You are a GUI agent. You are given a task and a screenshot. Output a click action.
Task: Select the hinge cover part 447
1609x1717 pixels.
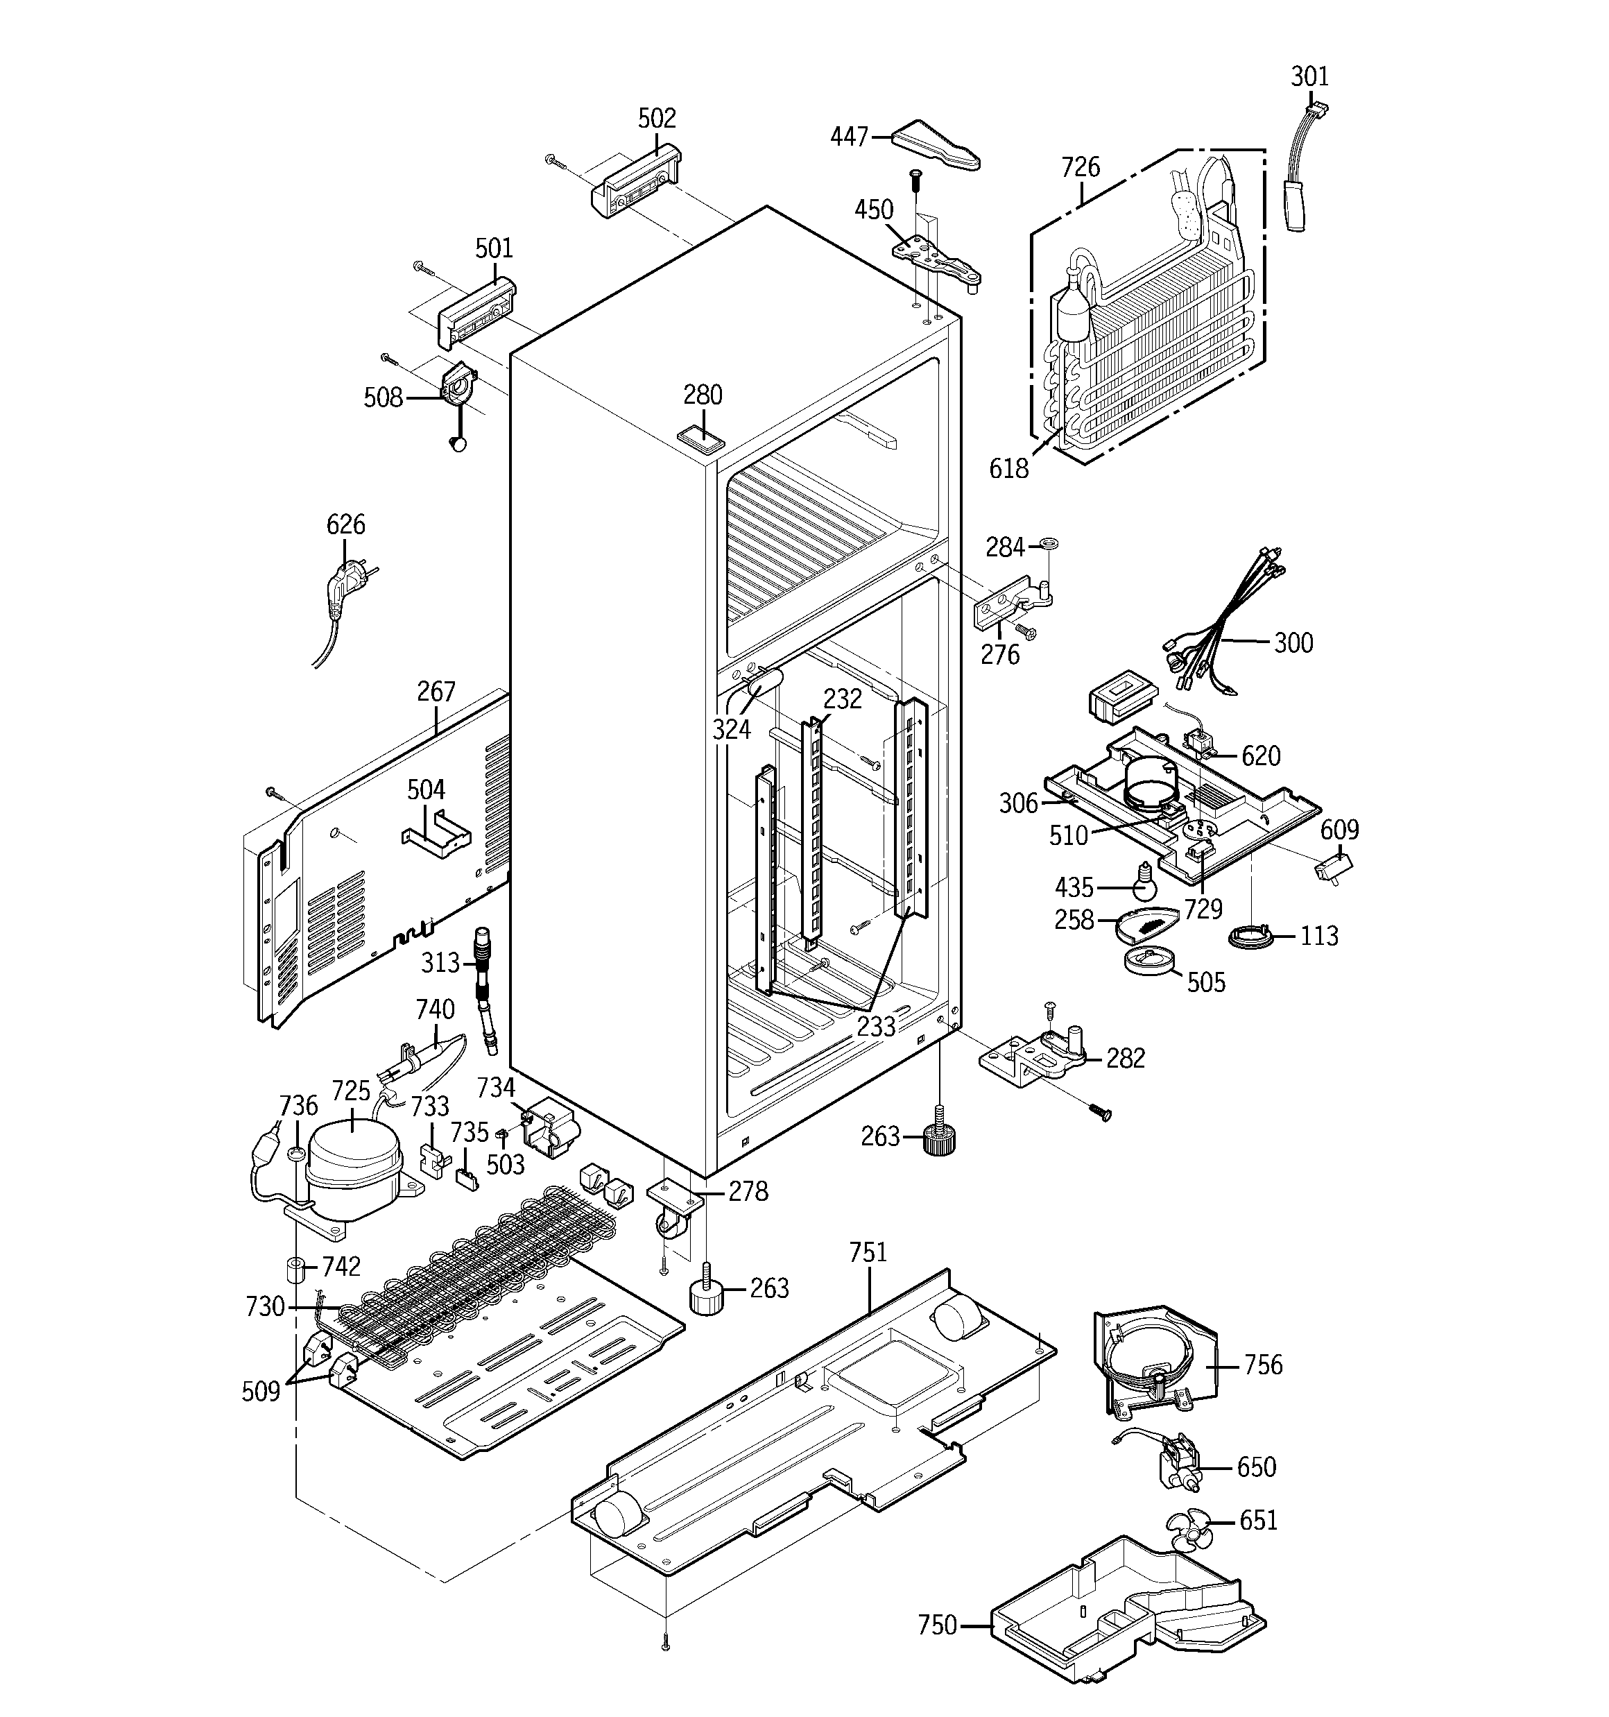(936, 145)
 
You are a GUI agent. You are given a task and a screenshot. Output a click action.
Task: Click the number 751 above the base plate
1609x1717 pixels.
(868, 1252)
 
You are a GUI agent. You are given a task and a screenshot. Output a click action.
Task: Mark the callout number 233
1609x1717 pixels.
(876, 1025)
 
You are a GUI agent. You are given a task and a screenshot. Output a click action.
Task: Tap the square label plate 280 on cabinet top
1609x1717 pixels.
(701, 438)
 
